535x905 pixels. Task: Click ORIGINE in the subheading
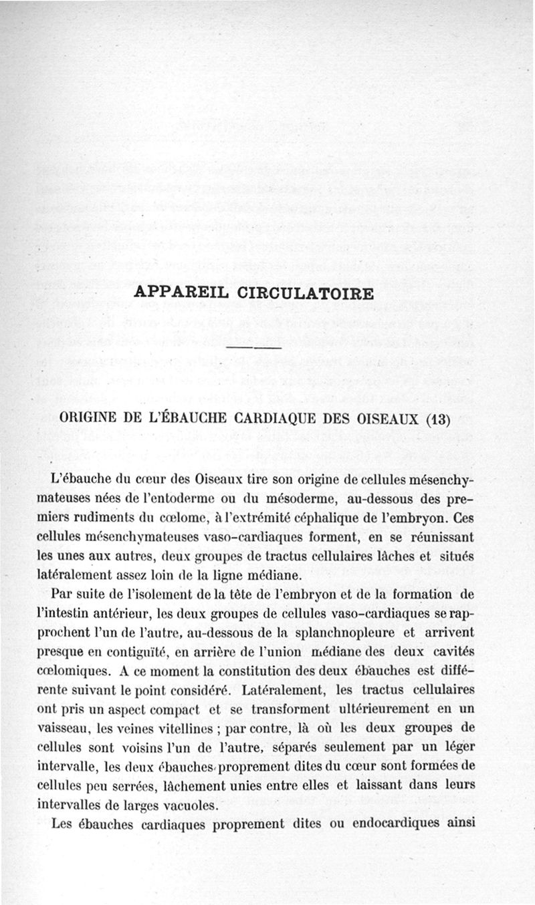coord(90,419)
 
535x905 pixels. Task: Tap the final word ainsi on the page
coord(461,824)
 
